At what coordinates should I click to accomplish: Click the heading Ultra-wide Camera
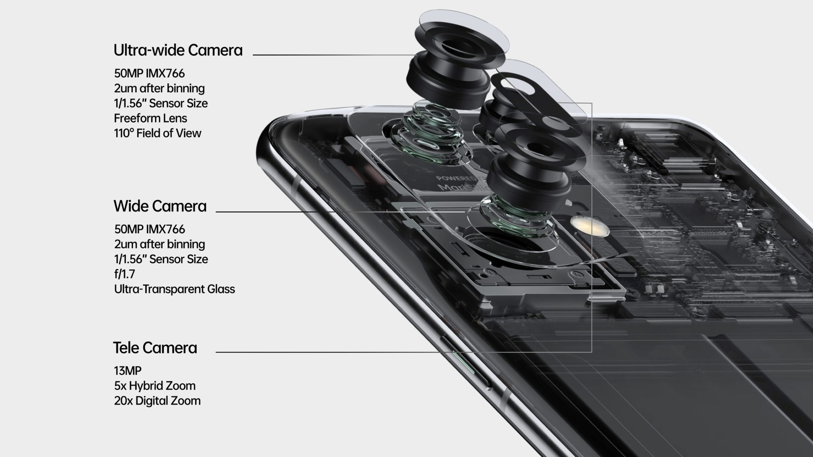tap(178, 50)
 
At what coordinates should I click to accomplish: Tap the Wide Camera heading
tap(160, 206)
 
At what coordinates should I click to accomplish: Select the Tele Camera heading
tap(155, 348)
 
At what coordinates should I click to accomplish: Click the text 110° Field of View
tap(158, 133)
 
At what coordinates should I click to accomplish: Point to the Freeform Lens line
tap(150, 118)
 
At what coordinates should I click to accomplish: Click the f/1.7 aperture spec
tap(124, 274)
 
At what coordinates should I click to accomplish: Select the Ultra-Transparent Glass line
tap(174, 289)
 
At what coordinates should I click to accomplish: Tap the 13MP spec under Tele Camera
tap(127, 371)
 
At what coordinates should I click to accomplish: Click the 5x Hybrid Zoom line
tap(155, 386)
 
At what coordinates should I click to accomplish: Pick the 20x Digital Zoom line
tap(157, 401)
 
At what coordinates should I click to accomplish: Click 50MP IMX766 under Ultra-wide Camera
tap(149, 74)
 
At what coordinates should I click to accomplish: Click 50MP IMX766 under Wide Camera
tap(149, 229)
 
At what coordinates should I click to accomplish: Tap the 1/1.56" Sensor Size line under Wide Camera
tap(161, 259)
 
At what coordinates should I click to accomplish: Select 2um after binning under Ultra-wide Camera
tap(159, 88)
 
